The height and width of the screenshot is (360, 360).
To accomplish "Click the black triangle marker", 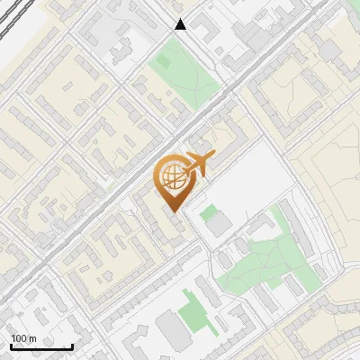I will click(181, 24).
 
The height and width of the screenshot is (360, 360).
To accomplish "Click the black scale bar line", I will click(41, 346).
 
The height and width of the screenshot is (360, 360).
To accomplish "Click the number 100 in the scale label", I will click(18, 338).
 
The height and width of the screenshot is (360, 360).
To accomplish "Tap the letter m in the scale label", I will click(31, 338).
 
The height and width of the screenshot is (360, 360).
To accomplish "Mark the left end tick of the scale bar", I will click(11, 345).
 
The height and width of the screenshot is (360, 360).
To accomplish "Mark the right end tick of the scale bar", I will click(72, 345).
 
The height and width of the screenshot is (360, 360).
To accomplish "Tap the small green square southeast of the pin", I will click(209, 212).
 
